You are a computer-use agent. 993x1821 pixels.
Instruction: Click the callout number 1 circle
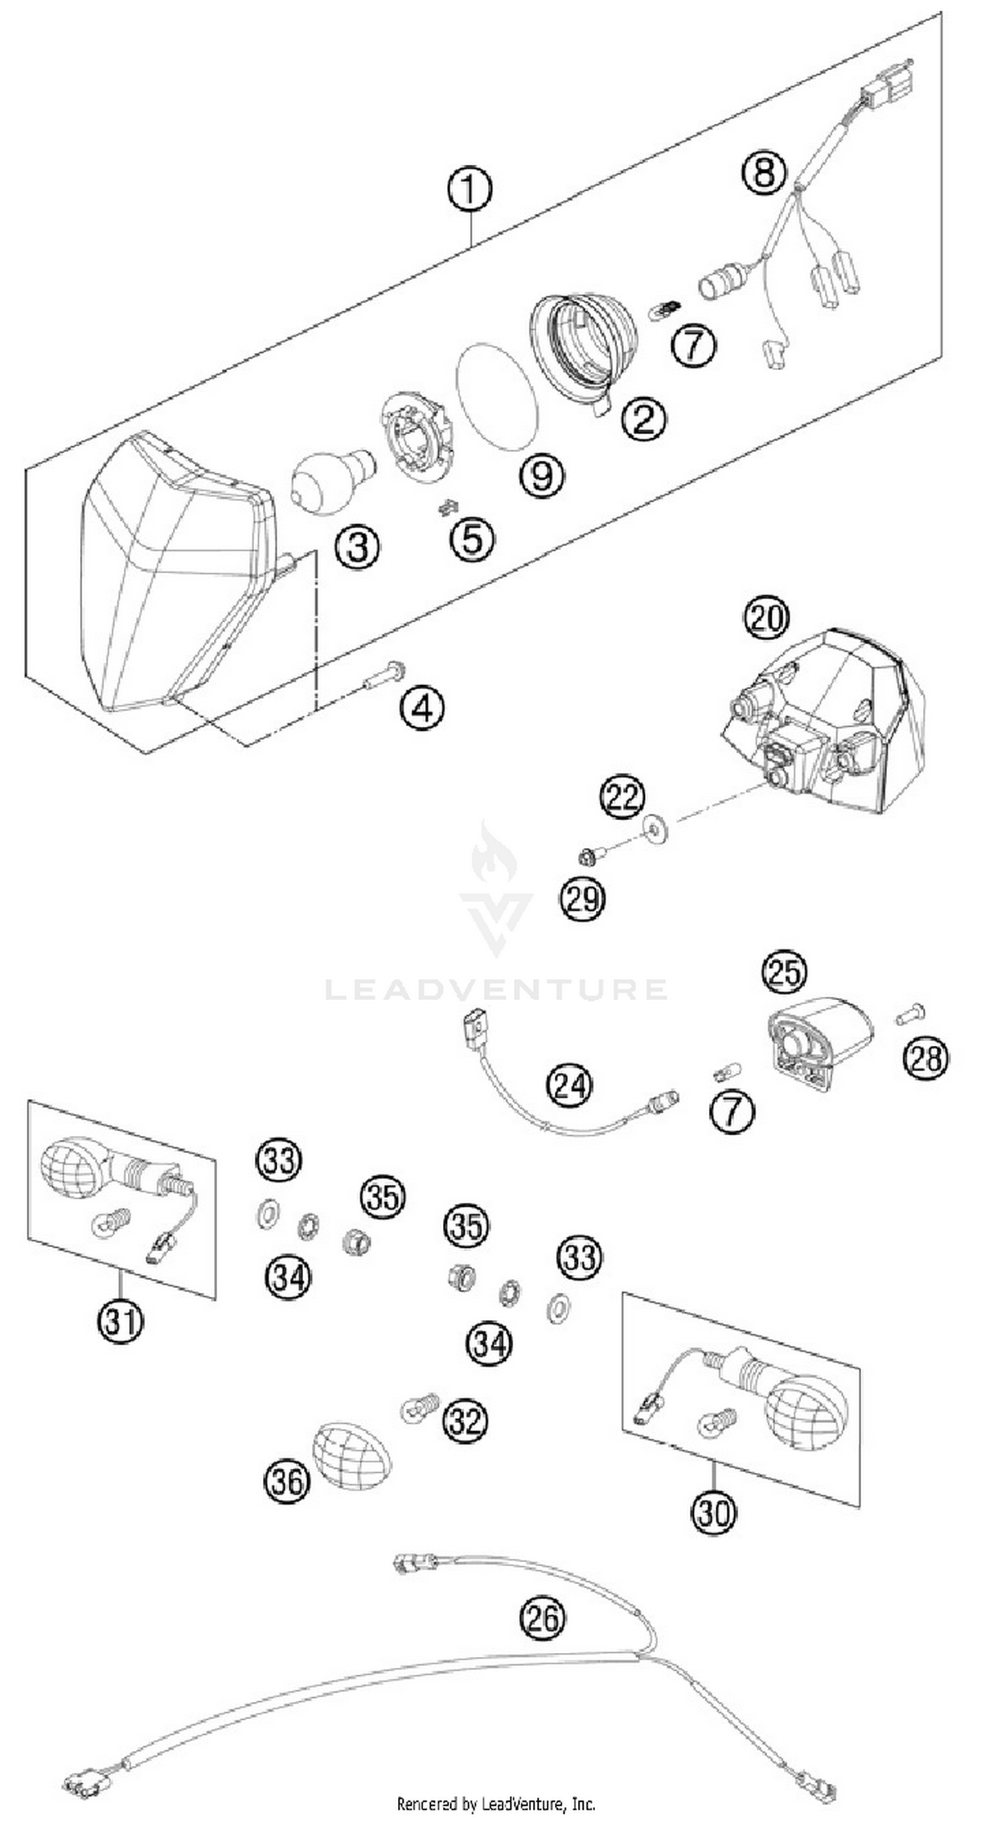[x=469, y=189]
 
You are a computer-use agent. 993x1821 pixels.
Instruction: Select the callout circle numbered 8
[x=764, y=170]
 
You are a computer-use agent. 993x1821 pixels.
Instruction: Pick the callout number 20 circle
[x=766, y=617]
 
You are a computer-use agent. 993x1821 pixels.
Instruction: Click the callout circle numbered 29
[x=583, y=900]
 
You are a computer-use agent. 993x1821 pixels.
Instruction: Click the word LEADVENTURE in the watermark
[x=496, y=989]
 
